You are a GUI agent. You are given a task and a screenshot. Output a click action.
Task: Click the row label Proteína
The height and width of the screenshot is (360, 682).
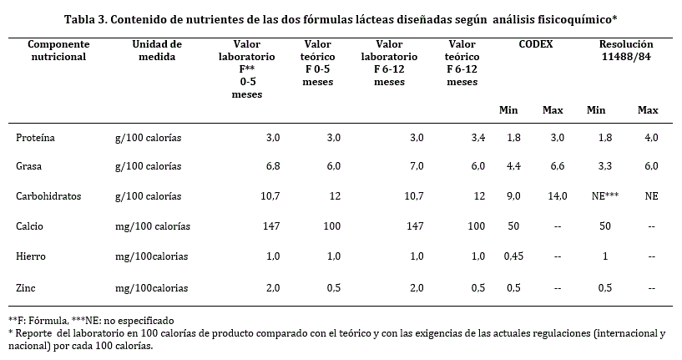pyautogui.click(x=35, y=137)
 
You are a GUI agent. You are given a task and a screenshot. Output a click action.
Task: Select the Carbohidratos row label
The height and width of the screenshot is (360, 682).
pyautogui.click(x=48, y=196)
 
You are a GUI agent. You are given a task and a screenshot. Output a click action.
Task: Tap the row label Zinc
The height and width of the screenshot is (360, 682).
pyautogui.click(x=26, y=288)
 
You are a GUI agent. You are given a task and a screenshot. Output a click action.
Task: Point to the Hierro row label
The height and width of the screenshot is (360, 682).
pyautogui.click(x=32, y=256)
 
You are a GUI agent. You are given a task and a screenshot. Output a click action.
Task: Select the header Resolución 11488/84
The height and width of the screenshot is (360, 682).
pyautogui.click(x=626, y=49)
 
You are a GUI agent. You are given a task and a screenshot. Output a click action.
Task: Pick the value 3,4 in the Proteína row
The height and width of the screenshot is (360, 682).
pyautogui.click(x=477, y=137)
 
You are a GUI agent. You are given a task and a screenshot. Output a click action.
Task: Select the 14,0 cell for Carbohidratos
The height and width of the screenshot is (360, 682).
pyautogui.click(x=553, y=196)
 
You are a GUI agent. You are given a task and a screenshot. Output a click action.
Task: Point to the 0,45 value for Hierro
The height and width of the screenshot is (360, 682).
pyautogui.click(x=513, y=256)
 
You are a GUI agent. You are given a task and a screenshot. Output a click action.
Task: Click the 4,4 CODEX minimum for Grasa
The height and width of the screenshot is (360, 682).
pyautogui.click(x=513, y=167)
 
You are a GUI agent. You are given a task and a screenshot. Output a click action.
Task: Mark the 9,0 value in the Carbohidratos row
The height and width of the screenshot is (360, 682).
pyautogui.click(x=513, y=196)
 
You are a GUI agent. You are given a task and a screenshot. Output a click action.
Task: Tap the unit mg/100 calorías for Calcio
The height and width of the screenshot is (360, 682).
pyautogui.click(x=152, y=226)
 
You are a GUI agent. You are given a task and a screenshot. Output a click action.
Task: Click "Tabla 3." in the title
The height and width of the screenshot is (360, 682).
pyautogui.click(x=88, y=18)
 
